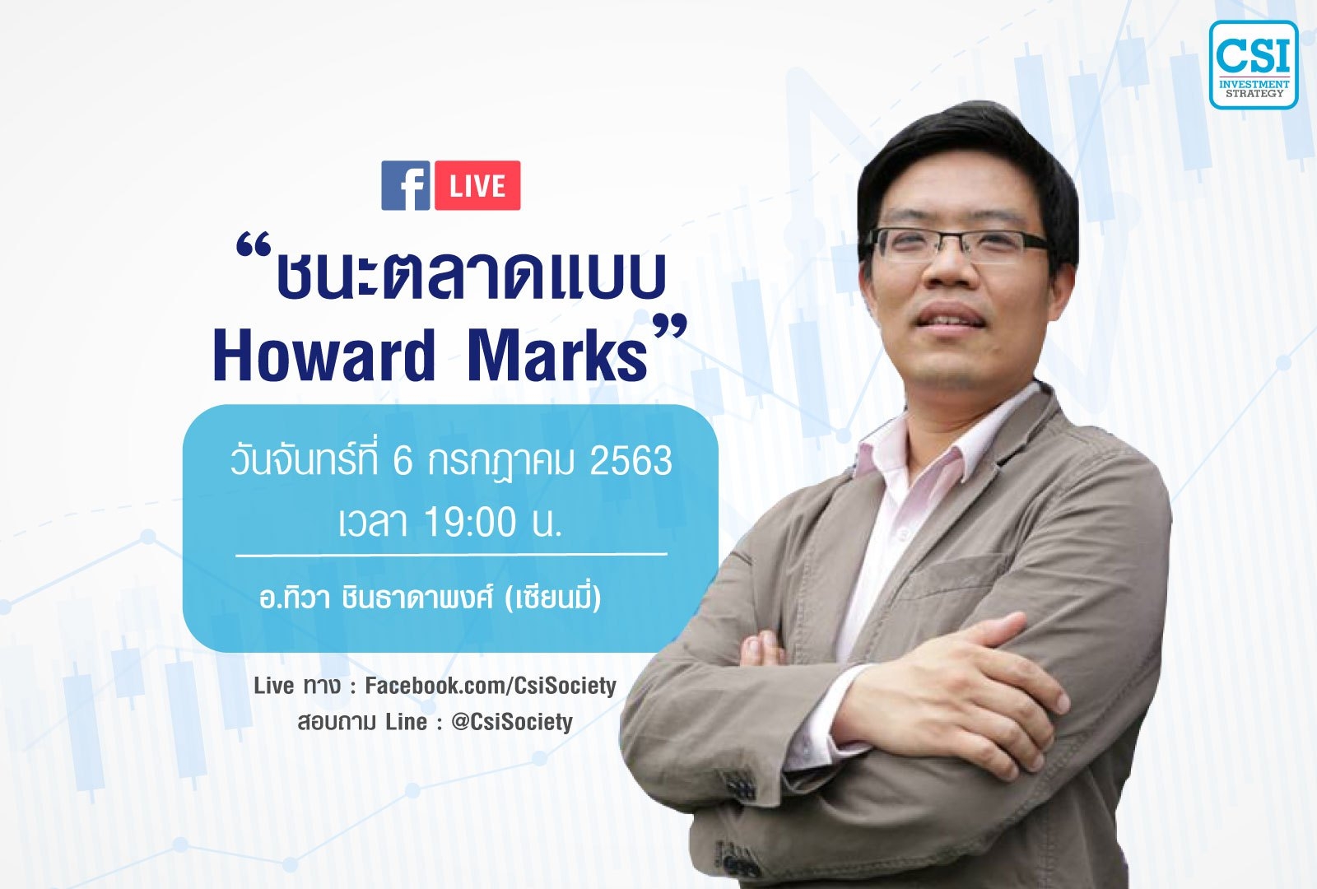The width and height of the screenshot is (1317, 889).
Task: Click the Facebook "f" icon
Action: click(x=406, y=185)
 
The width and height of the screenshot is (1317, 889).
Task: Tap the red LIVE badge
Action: click(x=477, y=185)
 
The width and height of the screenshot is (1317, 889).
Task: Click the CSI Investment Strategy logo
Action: click(x=1254, y=65)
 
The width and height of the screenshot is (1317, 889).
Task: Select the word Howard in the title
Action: click(x=324, y=356)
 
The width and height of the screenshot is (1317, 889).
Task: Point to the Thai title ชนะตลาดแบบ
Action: click(x=470, y=273)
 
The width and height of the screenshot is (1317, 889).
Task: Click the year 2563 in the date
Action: click(x=631, y=460)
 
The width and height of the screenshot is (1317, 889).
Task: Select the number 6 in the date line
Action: click(x=403, y=460)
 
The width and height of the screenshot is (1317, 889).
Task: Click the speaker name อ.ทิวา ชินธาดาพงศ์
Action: click(x=375, y=598)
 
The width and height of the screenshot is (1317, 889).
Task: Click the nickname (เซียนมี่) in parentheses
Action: click(x=552, y=598)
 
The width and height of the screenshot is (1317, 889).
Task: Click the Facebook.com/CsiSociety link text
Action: click(x=491, y=686)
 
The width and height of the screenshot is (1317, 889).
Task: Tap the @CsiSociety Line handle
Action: click(x=512, y=722)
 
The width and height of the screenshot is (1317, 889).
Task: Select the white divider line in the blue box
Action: click(x=451, y=554)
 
